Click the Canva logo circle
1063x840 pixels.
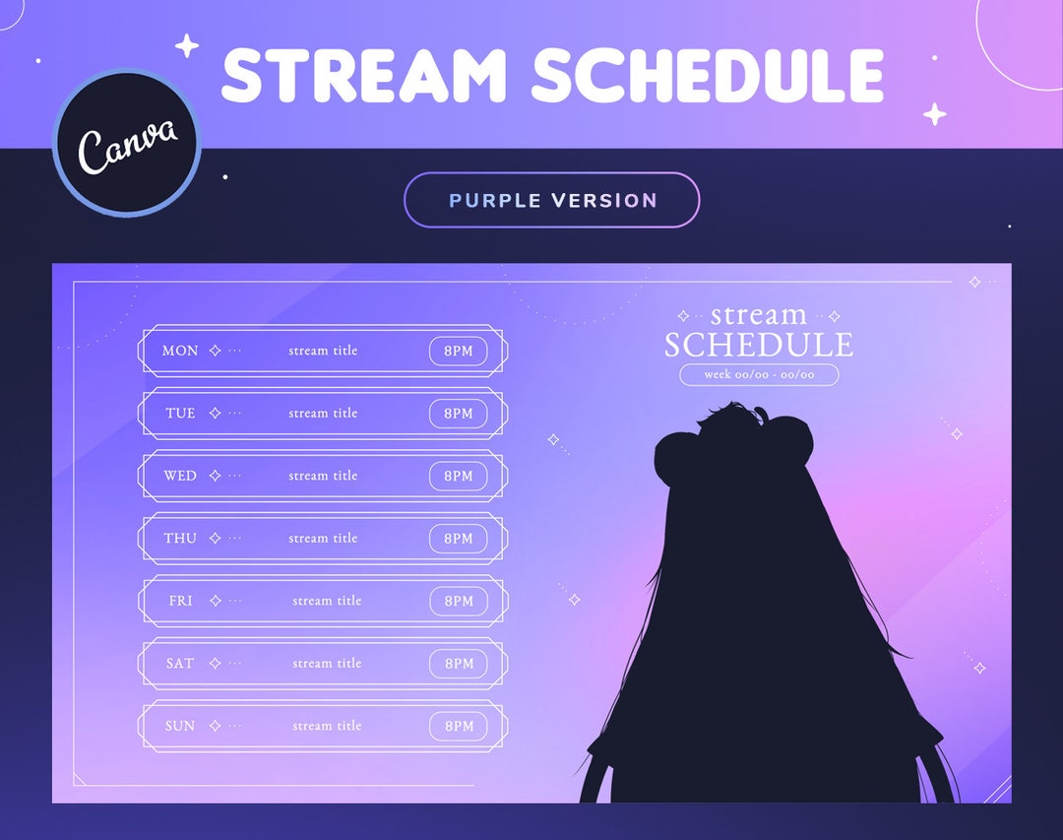[127, 143]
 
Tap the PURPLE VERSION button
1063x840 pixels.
[551, 200]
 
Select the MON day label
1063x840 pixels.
[180, 351]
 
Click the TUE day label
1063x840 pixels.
[180, 414]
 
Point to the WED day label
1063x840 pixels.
[180, 476]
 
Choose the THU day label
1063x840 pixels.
[180, 539]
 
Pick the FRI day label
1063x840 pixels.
[180, 601]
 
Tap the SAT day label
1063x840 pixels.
[180, 664]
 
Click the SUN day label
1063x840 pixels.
[180, 726]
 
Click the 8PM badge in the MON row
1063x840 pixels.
[459, 351]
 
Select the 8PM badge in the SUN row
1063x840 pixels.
[459, 726]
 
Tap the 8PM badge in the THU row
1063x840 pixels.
[459, 539]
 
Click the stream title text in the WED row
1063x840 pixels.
[323, 476]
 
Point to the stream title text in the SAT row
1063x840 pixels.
[327, 664]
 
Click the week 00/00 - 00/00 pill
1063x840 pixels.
[759, 374]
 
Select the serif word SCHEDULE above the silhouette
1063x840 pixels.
[758, 345]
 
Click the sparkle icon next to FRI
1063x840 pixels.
[216, 601]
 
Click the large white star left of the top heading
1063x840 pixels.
[186, 45]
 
